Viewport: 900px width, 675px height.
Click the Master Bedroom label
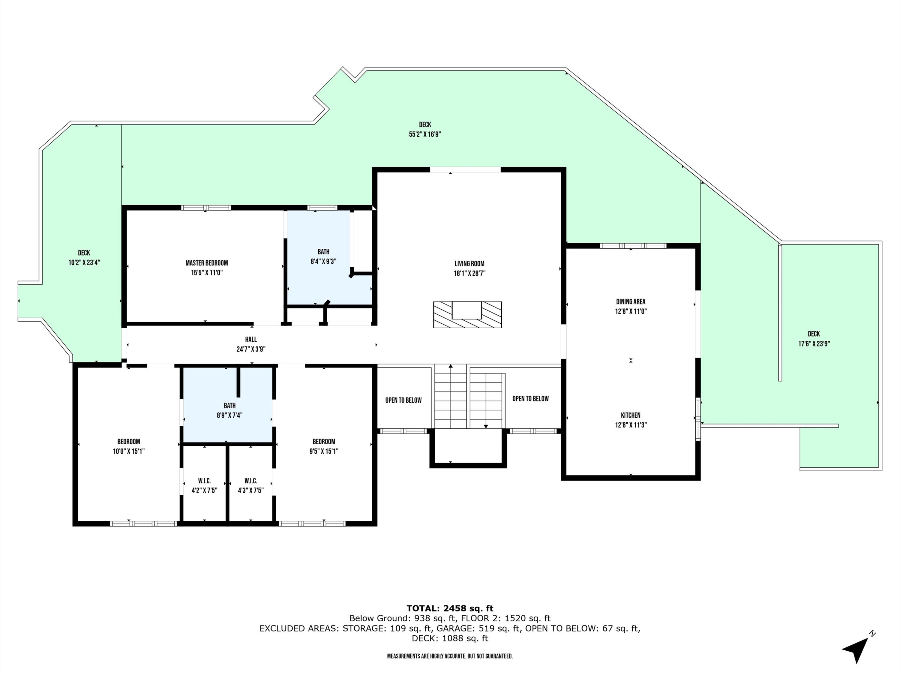tap(206, 263)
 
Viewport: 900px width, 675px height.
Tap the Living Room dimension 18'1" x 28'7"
tap(469, 273)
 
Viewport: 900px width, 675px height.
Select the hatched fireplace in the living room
tap(467, 314)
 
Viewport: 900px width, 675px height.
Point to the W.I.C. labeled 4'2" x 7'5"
tap(204, 486)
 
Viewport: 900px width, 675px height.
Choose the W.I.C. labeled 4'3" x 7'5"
tap(250, 486)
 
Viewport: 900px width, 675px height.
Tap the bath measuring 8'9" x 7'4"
tap(229, 410)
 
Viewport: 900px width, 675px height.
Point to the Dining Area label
tap(630, 301)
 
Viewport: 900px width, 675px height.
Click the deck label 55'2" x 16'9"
tap(425, 134)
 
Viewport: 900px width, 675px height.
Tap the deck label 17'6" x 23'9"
tap(814, 344)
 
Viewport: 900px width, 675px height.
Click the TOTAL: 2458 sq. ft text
tap(450, 608)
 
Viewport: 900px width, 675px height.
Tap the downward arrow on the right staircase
tap(486, 426)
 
